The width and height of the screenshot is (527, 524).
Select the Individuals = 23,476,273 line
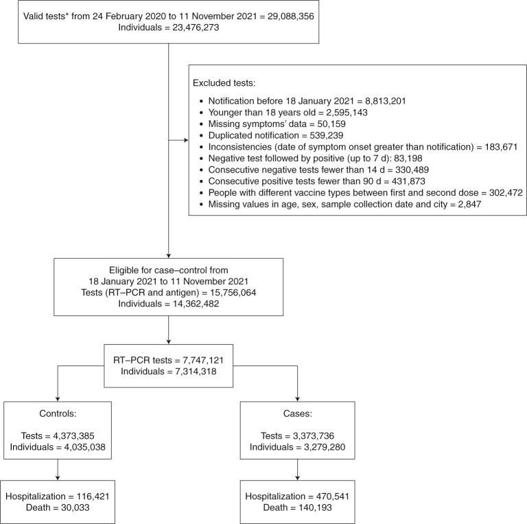pos(168,28)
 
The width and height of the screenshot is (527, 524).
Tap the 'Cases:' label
pos(297,415)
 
